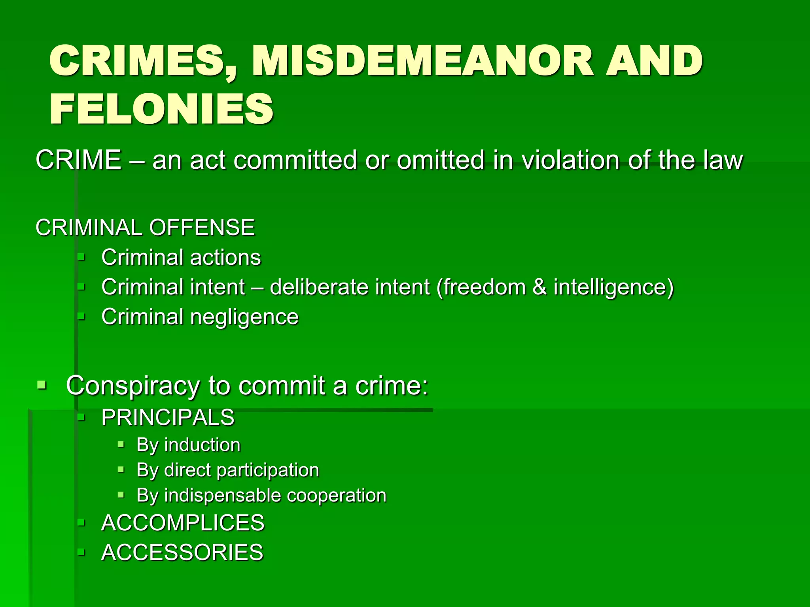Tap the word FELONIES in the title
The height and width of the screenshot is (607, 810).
click(x=161, y=109)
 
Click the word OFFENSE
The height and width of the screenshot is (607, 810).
click(x=202, y=228)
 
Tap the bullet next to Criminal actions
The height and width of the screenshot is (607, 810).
click(x=81, y=258)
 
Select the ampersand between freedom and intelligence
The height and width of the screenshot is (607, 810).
click(x=539, y=287)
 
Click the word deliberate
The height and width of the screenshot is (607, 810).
click(x=319, y=287)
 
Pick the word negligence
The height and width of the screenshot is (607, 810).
click(x=244, y=317)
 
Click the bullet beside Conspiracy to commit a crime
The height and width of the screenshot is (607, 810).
click(x=42, y=385)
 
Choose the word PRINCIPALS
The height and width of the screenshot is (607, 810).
click(x=168, y=417)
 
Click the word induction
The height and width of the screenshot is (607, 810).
click(x=202, y=445)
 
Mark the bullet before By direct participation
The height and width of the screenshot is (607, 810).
click(x=121, y=470)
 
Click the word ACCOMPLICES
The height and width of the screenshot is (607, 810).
click(x=183, y=523)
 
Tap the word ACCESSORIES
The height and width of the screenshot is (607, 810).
click(x=182, y=552)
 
